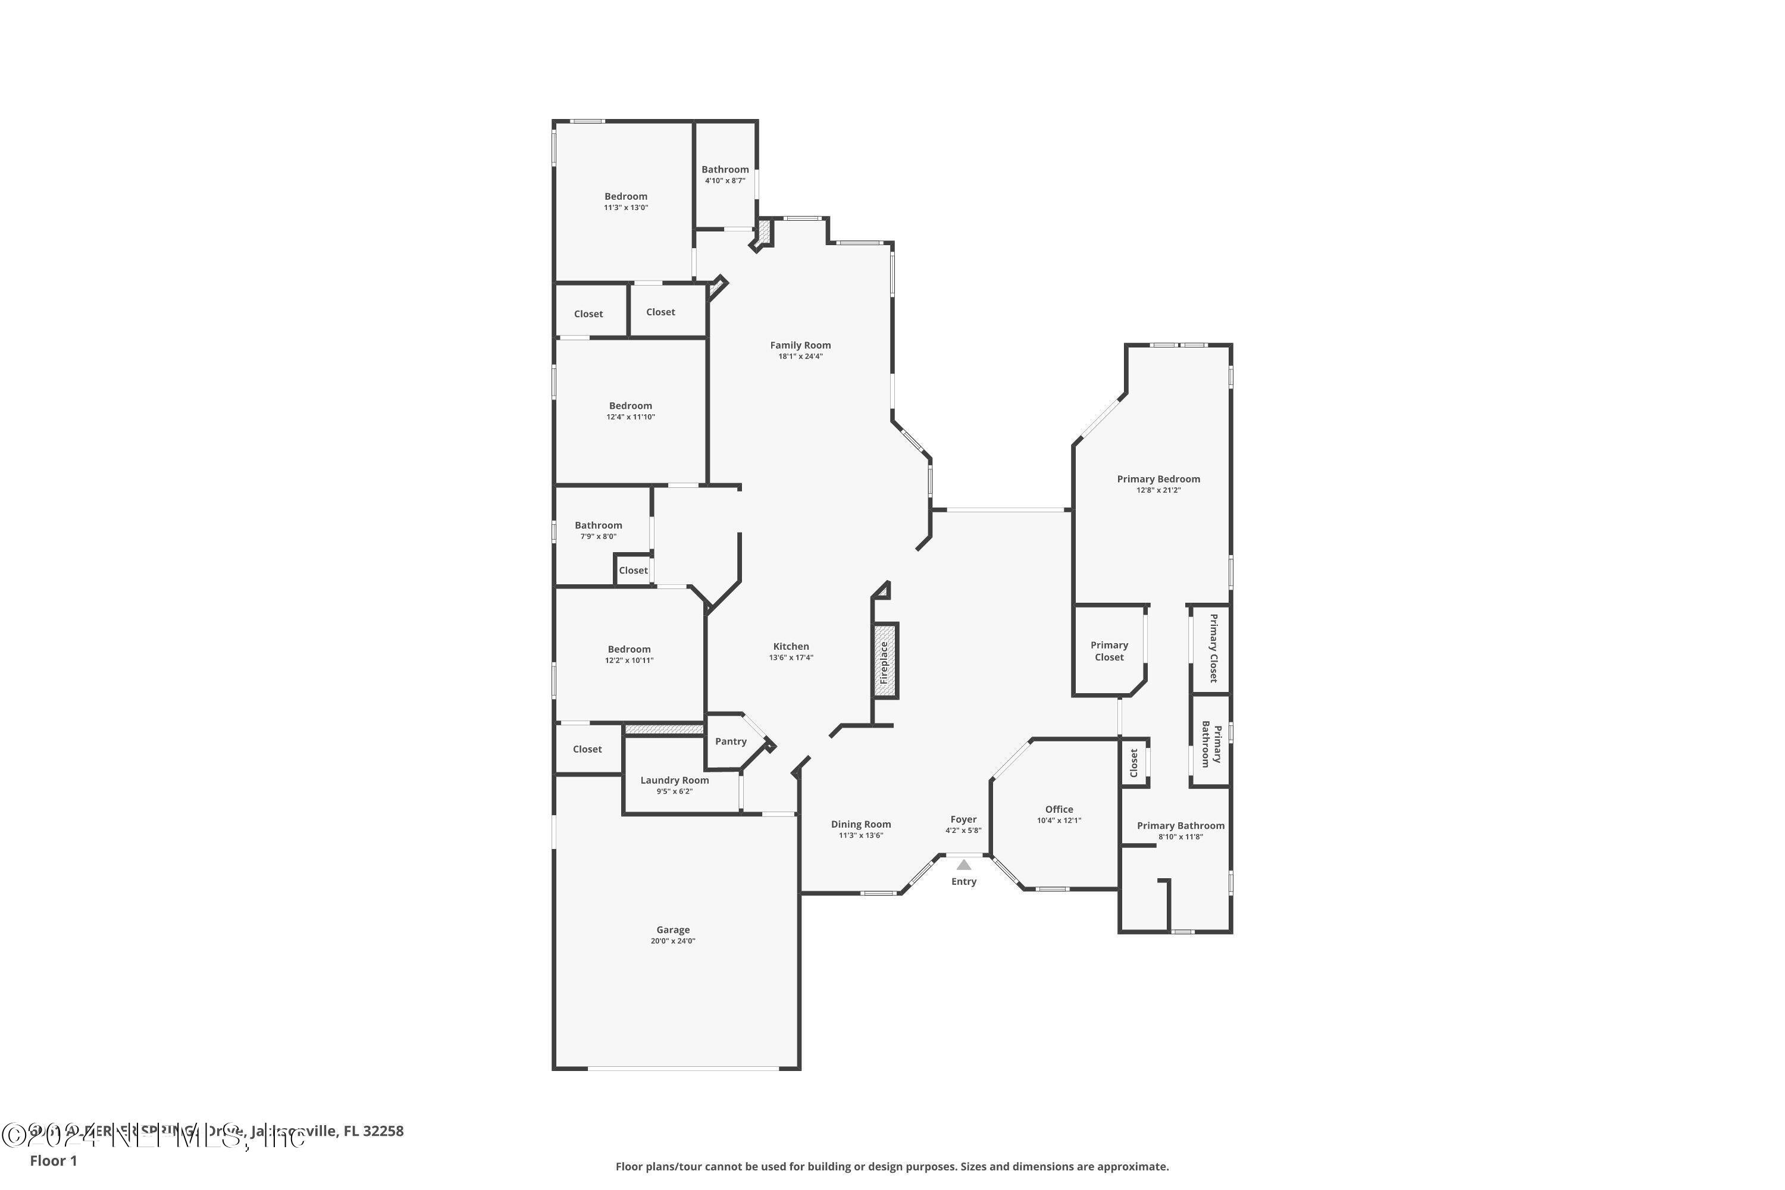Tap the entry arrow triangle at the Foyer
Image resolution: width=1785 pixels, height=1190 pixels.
point(963,865)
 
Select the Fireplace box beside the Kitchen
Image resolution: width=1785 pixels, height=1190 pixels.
point(885,661)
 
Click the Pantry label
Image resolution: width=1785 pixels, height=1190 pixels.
point(730,741)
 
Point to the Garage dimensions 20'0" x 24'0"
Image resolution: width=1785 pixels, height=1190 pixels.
point(672,941)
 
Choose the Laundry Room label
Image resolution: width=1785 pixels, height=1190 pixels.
point(674,780)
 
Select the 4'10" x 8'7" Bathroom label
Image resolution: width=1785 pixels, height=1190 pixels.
point(725,170)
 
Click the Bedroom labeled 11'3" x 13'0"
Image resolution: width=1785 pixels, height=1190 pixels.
point(625,196)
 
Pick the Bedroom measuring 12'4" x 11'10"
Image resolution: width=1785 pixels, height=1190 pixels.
point(630,406)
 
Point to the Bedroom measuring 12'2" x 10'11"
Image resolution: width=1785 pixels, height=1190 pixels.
point(628,650)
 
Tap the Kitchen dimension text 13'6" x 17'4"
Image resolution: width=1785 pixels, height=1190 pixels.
point(791,658)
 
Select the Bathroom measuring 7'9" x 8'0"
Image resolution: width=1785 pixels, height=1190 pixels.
point(598,525)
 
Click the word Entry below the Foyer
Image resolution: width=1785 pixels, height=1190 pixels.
point(963,882)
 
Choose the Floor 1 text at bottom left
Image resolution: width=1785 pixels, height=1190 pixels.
point(53,1160)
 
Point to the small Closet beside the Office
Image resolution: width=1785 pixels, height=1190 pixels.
point(1134,763)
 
